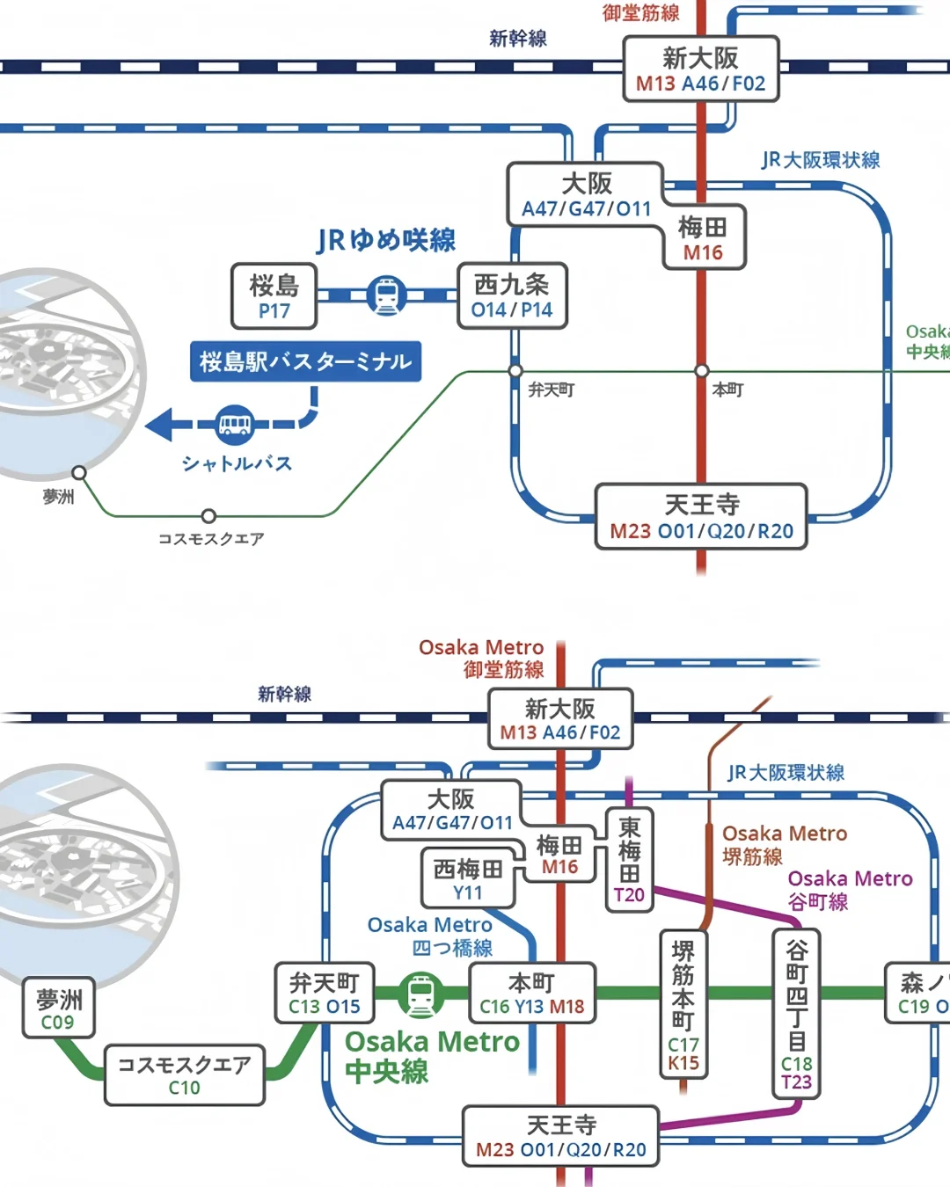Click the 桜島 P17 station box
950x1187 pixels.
tap(274, 296)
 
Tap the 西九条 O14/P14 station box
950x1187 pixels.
tap(512, 296)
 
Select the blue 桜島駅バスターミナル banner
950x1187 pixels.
tap(305, 361)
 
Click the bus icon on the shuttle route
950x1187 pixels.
tap(234, 425)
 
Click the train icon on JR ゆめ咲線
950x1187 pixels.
tap(386, 295)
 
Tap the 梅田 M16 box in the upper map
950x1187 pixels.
tap(703, 238)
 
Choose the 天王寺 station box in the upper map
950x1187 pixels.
tap(701, 516)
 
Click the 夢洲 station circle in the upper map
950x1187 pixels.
tap(79, 473)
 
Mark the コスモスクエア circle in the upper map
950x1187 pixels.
tap(208, 516)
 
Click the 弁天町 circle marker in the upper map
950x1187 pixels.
tap(515, 371)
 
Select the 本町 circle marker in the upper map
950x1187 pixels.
tap(701, 371)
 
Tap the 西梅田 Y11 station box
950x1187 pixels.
tap(467, 878)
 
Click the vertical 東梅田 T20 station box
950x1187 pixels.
tap(629, 860)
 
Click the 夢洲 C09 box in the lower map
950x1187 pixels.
tap(58, 1009)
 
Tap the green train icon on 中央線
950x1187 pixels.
tap(421, 995)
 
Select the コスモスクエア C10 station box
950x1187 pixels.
tap(184, 1074)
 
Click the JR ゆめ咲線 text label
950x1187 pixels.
tap(386, 240)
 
